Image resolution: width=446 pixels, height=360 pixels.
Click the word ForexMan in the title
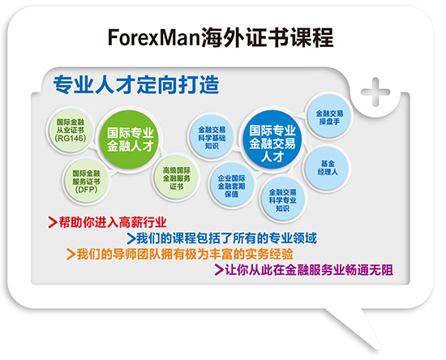pos(154,38)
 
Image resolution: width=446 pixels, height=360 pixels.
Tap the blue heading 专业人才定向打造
pos(136,85)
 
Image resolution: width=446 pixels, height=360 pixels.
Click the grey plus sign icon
pos(375,92)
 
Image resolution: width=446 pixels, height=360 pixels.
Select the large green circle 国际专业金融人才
pos(131,139)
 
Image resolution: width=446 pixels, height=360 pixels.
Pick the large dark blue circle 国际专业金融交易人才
pos(272,139)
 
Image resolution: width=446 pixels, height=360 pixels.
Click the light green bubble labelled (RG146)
pos(71,131)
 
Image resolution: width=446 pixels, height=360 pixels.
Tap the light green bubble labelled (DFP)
pos(86,181)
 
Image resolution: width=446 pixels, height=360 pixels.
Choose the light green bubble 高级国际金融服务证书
pos(176,178)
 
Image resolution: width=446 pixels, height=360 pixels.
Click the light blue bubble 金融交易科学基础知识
pos(212,138)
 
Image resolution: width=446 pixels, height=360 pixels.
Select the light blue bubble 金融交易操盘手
pos(329,117)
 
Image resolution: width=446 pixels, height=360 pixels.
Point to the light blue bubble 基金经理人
pos(328,168)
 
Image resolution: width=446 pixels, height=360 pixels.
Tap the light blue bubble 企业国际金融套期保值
pos(231,186)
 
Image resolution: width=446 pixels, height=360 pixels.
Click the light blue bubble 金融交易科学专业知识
pos(282,200)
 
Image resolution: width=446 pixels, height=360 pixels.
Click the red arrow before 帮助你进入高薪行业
pos(53,222)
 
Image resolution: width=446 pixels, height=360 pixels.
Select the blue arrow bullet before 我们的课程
pos(131,238)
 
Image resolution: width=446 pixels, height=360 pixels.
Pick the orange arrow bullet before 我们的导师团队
pos(71,254)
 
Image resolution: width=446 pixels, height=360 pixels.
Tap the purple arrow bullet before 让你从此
pos(219,269)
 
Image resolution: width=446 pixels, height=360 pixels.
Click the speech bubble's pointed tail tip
pos(380,349)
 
